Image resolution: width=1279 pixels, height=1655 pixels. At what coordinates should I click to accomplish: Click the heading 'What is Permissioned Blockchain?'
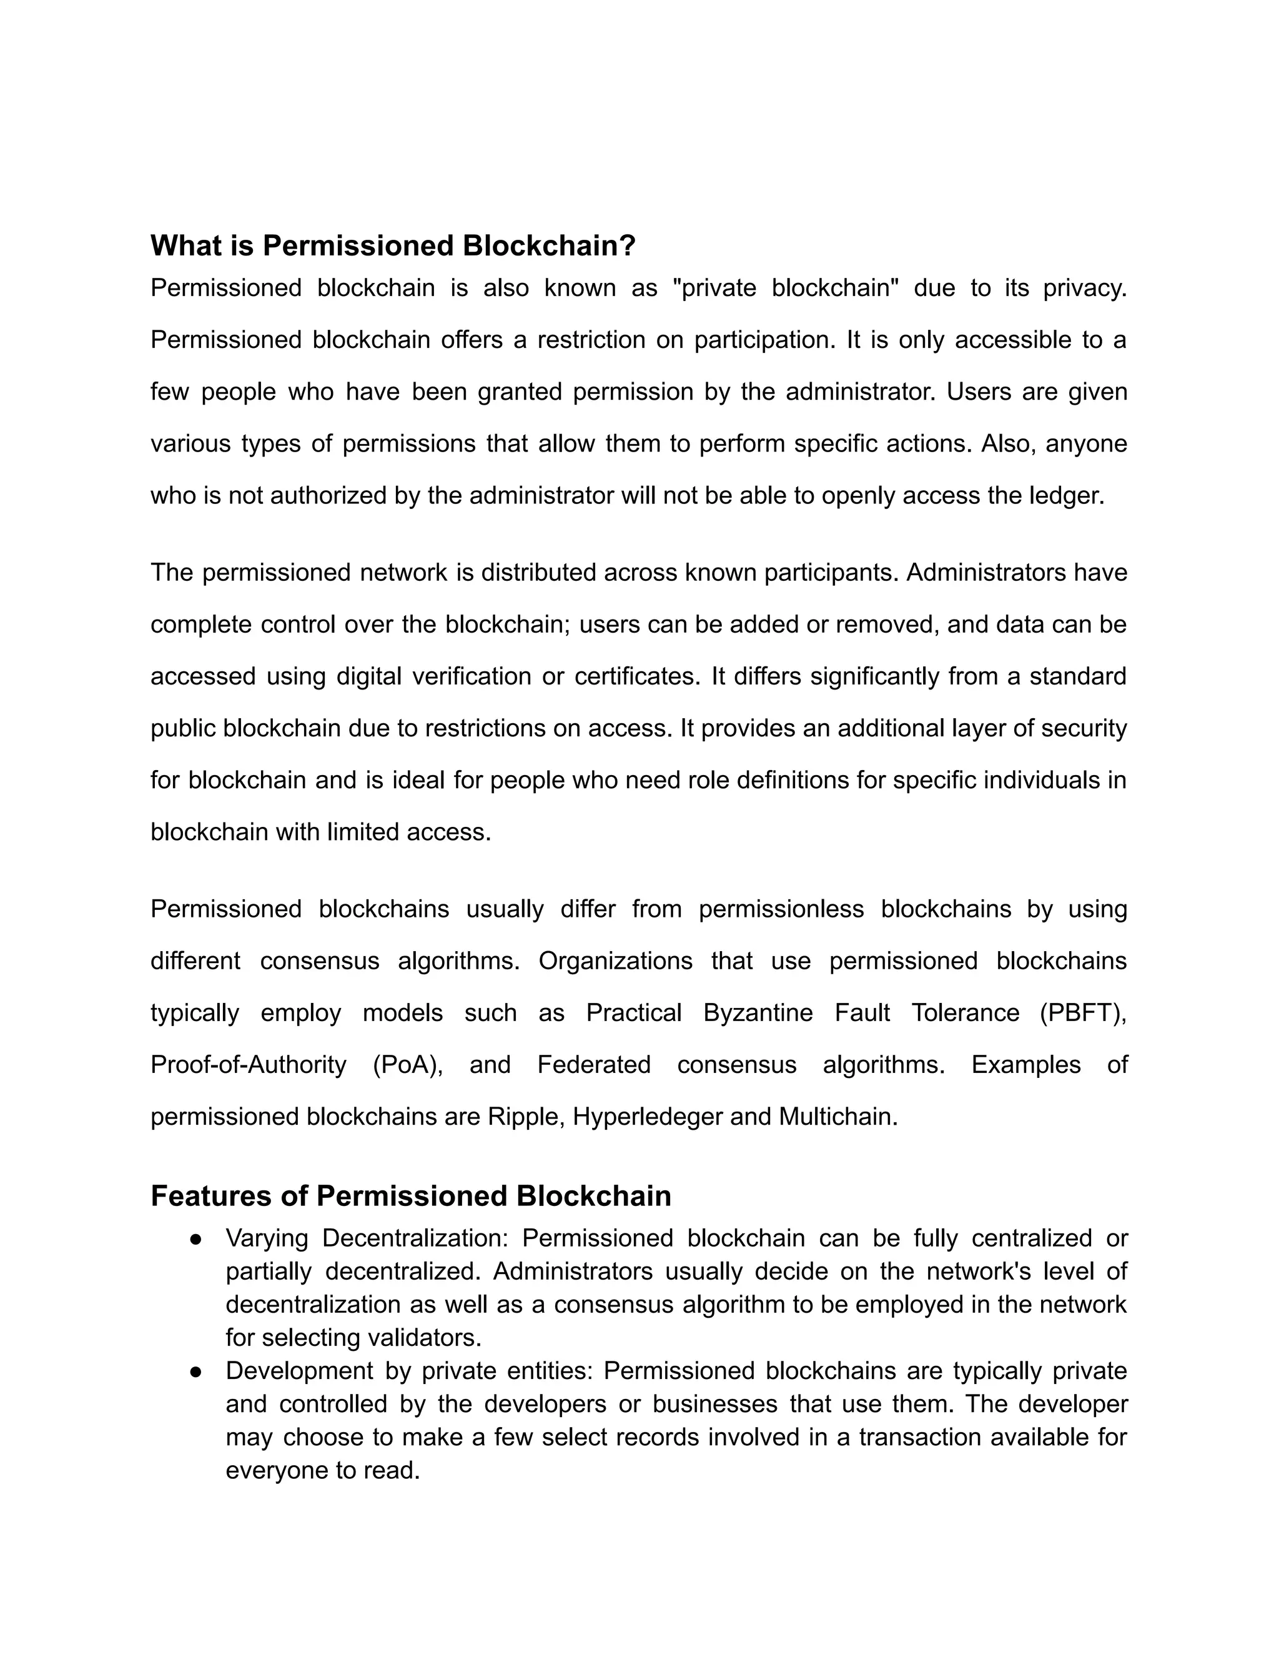[x=392, y=245]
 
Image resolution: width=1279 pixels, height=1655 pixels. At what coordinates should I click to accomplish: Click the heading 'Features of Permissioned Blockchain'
[x=411, y=1196]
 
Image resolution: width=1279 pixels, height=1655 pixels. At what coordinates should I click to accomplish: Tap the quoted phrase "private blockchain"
[x=785, y=288]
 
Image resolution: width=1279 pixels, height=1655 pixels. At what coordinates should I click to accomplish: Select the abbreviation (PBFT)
[x=1082, y=1012]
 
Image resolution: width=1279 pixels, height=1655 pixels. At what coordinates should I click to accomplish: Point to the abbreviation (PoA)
[x=407, y=1065]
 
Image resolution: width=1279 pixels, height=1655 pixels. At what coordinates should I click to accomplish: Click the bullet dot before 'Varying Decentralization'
[x=195, y=1239]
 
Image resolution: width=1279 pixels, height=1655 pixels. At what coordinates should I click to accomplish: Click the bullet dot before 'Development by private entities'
[x=195, y=1371]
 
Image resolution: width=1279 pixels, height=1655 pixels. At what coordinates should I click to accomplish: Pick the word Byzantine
[x=758, y=1012]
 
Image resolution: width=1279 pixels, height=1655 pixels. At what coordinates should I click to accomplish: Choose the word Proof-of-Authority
[x=249, y=1065]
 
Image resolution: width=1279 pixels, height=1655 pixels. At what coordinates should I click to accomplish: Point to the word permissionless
[x=781, y=909]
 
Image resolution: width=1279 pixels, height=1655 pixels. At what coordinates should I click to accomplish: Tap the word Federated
[x=594, y=1065]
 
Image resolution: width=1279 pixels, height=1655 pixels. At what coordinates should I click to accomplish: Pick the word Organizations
[x=615, y=961]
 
